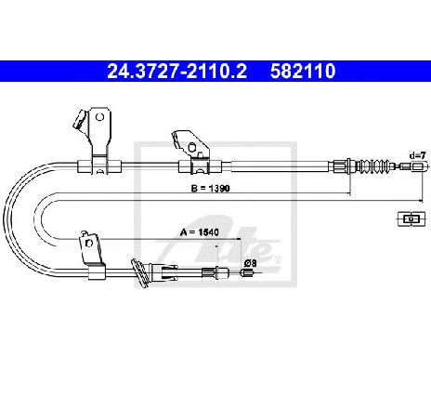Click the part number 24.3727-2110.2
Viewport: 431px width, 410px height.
coord(176,71)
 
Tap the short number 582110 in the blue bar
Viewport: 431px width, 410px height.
coord(303,71)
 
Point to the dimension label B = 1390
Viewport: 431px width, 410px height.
coord(211,188)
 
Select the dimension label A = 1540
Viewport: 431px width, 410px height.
coord(200,232)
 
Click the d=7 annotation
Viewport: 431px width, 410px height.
coord(418,155)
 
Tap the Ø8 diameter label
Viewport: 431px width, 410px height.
coord(250,263)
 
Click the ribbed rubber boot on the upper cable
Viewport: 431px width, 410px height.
coord(373,165)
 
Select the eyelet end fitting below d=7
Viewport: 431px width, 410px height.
coord(420,166)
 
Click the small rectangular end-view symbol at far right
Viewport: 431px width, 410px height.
coord(411,219)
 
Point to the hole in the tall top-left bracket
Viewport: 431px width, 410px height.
coord(99,117)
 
